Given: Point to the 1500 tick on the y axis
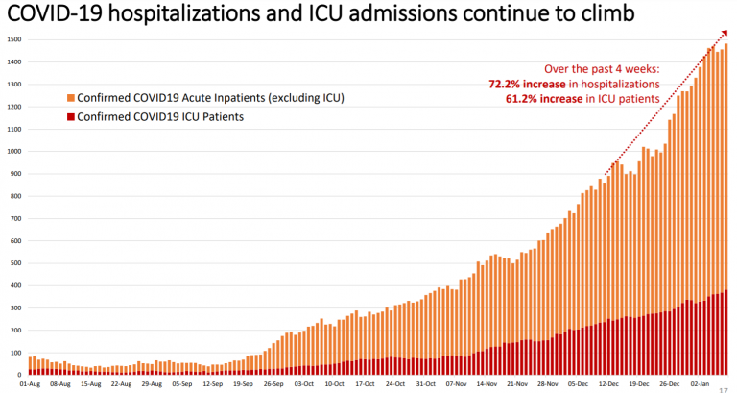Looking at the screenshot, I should click(12, 39).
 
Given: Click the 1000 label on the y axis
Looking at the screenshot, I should click(12, 151).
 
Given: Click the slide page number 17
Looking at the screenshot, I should click(724, 386).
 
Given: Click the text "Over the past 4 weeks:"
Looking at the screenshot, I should click(603, 69).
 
